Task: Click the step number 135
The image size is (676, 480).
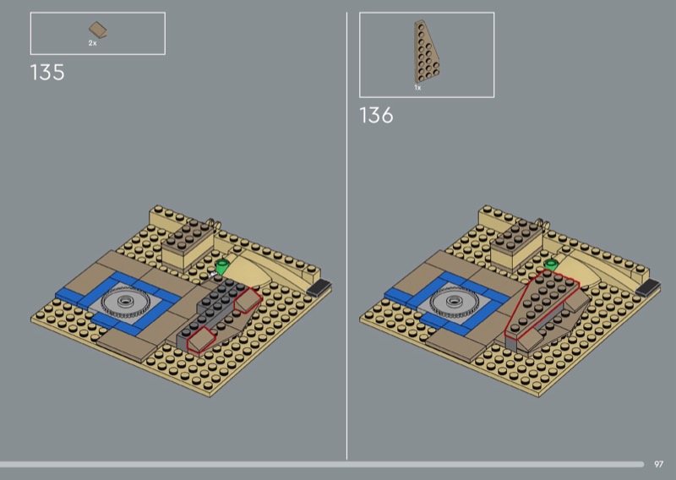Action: click(47, 73)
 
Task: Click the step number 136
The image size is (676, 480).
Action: click(376, 116)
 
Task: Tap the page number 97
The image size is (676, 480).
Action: click(658, 464)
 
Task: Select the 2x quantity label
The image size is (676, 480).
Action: click(93, 43)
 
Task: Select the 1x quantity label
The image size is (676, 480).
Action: click(417, 88)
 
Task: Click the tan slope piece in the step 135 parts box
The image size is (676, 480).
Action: click(98, 30)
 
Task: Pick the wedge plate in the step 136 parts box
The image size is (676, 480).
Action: click(426, 52)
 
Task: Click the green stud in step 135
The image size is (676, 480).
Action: click(222, 267)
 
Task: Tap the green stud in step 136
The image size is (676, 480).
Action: click(551, 264)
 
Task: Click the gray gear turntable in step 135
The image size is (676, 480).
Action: click(125, 302)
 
